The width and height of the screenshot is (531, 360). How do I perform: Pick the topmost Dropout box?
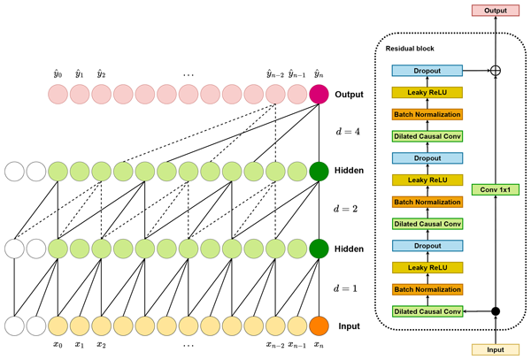tap(427, 70)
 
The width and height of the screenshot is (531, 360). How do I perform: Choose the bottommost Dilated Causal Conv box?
tap(427, 310)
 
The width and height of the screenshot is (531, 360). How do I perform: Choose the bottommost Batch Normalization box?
tap(427, 290)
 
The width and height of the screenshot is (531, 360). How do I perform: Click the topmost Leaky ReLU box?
tap(427, 91)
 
